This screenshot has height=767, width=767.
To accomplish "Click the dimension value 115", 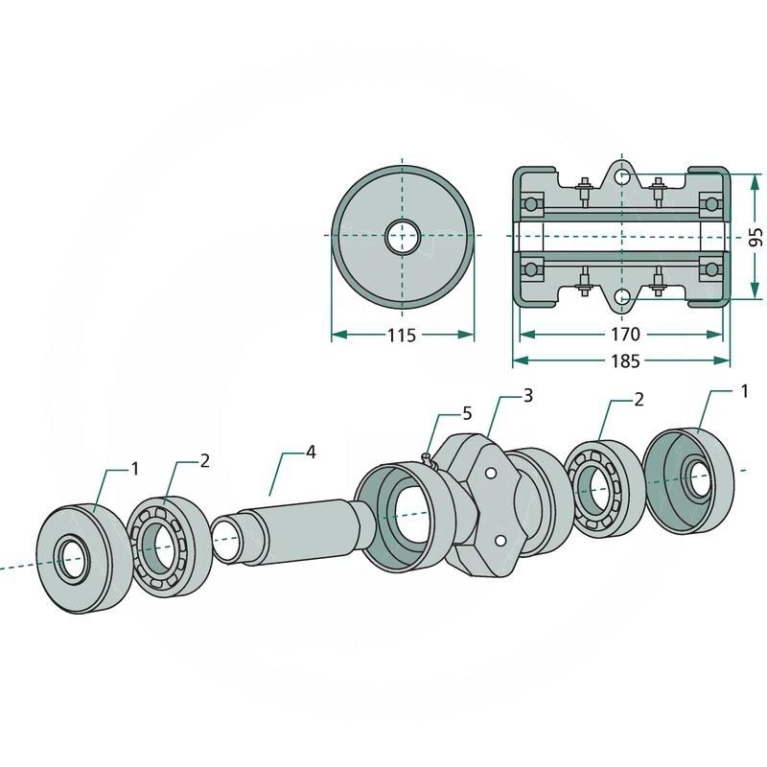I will point(402,336).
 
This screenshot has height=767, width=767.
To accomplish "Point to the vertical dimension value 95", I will point(755,236).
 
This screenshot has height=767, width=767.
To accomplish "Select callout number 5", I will point(467,413).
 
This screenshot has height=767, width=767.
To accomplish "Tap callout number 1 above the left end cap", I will point(135,468).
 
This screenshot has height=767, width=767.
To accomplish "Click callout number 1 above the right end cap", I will point(744,391).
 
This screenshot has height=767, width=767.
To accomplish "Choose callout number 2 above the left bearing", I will point(203,460).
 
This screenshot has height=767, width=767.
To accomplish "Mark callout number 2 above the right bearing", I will point(639,399).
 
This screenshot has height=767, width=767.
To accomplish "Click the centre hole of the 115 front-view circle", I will point(403,236).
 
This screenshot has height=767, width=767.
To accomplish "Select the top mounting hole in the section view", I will point(622,178).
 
